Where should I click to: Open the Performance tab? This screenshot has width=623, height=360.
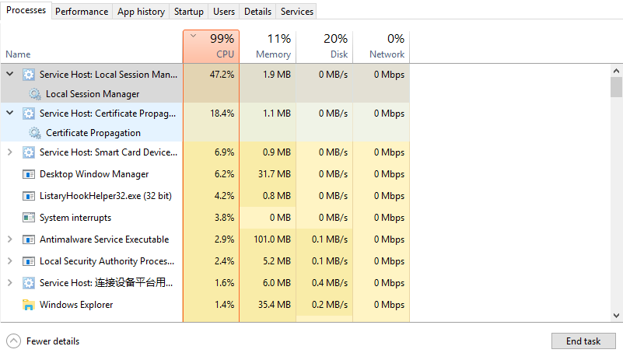pos(82,12)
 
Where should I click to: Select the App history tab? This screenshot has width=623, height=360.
pos(141,12)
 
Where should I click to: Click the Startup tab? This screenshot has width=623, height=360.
pos(189,12)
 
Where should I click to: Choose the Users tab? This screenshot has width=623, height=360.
pos(224,12)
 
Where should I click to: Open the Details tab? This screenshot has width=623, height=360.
pos(257,12)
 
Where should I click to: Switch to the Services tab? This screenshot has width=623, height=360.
pos(297,12)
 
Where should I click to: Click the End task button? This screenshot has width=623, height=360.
pos(583,341)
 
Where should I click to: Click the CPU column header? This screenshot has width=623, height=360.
pos(211,47)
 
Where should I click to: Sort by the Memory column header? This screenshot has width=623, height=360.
pos(267,47)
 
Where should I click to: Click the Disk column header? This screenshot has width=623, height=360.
pos(324,47)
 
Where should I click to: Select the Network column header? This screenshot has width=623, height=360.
pos(380,47)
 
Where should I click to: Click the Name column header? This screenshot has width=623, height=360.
pos(18,54)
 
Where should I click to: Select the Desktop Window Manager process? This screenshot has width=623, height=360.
pos(94,174)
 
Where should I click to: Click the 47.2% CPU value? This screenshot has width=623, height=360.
pos(222,75)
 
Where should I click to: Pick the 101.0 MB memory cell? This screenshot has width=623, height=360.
pos(275,239)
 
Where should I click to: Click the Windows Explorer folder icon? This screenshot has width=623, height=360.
pos(29,305)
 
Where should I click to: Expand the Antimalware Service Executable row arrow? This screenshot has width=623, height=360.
pos(9,239)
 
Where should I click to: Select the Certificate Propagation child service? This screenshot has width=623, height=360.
pos(93,133)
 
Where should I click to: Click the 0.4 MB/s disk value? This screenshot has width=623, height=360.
pos(333,283)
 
